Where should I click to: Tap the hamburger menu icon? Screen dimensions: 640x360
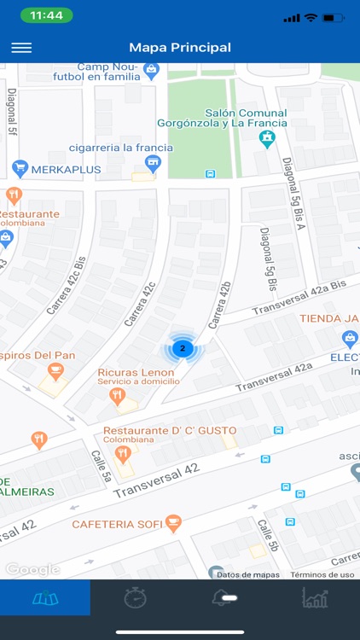[21, 48]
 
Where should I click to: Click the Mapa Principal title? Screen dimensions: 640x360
[180, 48]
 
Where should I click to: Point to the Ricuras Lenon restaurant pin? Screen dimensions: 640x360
[118, 395]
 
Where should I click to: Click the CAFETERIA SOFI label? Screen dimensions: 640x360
[118, 523]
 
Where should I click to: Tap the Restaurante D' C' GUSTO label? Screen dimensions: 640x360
[170, 431]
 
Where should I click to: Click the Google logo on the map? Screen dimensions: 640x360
[32, 569]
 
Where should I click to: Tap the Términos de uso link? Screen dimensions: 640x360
[322, 574]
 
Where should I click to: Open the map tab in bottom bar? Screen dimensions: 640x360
[44, 598]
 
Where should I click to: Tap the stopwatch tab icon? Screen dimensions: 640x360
[135, 598]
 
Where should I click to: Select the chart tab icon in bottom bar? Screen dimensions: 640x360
[315, 598]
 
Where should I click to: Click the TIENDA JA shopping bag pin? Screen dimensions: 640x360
[349, 340]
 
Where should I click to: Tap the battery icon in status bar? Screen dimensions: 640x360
[335, 17]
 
